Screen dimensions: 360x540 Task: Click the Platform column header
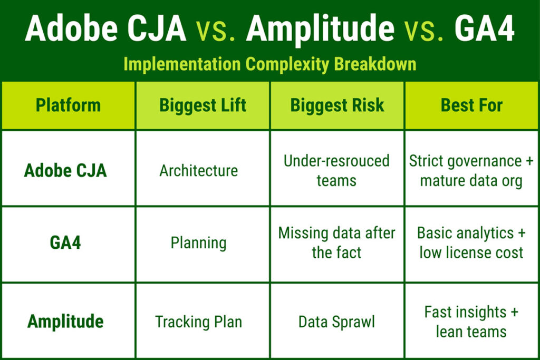point(68,105)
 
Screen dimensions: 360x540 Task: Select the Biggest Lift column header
point(203,105)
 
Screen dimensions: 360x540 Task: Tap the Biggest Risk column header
point(337,105)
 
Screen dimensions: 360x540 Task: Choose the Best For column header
point(471,105)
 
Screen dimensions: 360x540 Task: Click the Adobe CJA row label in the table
point(65,170)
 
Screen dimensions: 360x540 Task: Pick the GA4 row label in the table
point(65,243)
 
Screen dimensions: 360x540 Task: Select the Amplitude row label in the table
point(65,321)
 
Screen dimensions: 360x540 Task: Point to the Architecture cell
point(199,170)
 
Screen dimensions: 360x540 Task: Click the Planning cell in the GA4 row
point(198,243)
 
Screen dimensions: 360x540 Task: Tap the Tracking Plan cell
point(198,322)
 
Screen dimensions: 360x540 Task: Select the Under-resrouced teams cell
point(336,170)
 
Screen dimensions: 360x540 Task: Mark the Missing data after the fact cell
point(336,242)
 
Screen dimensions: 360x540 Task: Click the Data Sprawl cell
point(336,322)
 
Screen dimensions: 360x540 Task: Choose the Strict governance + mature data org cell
point(471,171)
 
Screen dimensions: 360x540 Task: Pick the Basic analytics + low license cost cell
point(471,242)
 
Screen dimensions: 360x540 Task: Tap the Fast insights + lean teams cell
point(471,322)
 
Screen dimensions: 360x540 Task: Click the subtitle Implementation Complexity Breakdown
point(269,64)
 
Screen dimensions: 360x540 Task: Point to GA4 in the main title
point(484,30)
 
